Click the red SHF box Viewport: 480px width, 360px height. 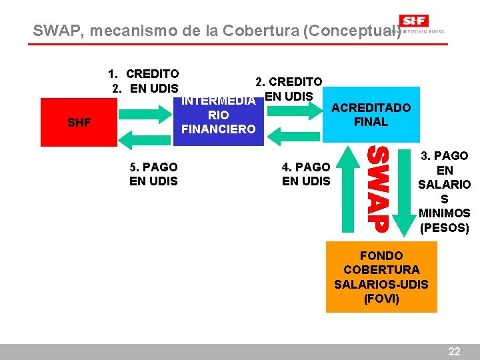(79, 122)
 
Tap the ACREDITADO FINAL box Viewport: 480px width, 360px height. (371, 115)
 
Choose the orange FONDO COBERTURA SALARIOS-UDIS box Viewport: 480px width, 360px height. (381, 277)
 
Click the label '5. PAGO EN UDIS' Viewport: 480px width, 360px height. (153, 174)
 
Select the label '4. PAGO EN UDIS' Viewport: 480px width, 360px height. (306, 174)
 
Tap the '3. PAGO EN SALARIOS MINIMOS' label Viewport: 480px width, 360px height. (445, 192)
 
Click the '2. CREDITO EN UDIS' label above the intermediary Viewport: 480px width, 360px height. (289, 89)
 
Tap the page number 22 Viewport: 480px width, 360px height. (454, 351)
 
